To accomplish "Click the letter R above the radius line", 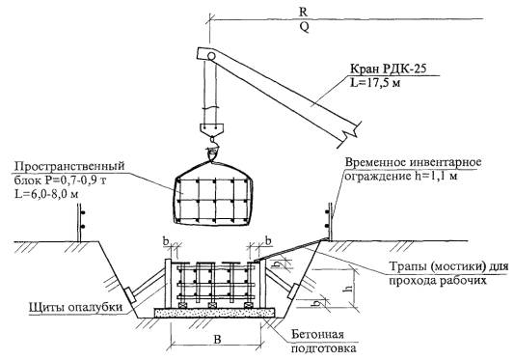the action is pyautogui.click(x=304, y=12).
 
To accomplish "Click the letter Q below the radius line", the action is pyautogui.click(x=305, y=27).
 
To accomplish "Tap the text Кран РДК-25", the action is pyautogui.click(x=389, y=69).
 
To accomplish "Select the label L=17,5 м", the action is pyautogui.click(x=375, y=83).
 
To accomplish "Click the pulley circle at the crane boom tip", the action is pyautogui.click(x=211, y=56).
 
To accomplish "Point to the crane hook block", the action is pyautogui.click(x=212, y=128).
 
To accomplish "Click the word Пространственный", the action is pyautogui.click(x=69, y=166).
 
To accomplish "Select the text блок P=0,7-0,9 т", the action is pyautogui.click(x=60, y=180).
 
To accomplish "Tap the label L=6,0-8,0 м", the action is pyautogui.click(x=46, y=194).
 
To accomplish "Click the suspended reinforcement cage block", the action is pyautogui.click(x=212, y=200).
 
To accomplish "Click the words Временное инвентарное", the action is pyautogui.click(x=413, y=162).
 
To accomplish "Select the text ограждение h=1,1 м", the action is pyautogui.click(x=400, y=177).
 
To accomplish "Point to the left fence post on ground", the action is pyautogui.click(x=79, y=223).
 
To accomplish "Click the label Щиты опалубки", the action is pyautogui.click(x=76, y=308).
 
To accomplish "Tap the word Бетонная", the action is pyautogui.click(x=317, y=334).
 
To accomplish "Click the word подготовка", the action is pyautogui.click(x=324, y=347).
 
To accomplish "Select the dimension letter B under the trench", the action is pyautogui.click(x=217, y=340).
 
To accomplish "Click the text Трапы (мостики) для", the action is pyautogui.click(x=448, y=266).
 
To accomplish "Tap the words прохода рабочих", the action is pyautogui.click(x=438, y=281).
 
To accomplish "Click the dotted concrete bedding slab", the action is pyautogui.click(x=214, y=313).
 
